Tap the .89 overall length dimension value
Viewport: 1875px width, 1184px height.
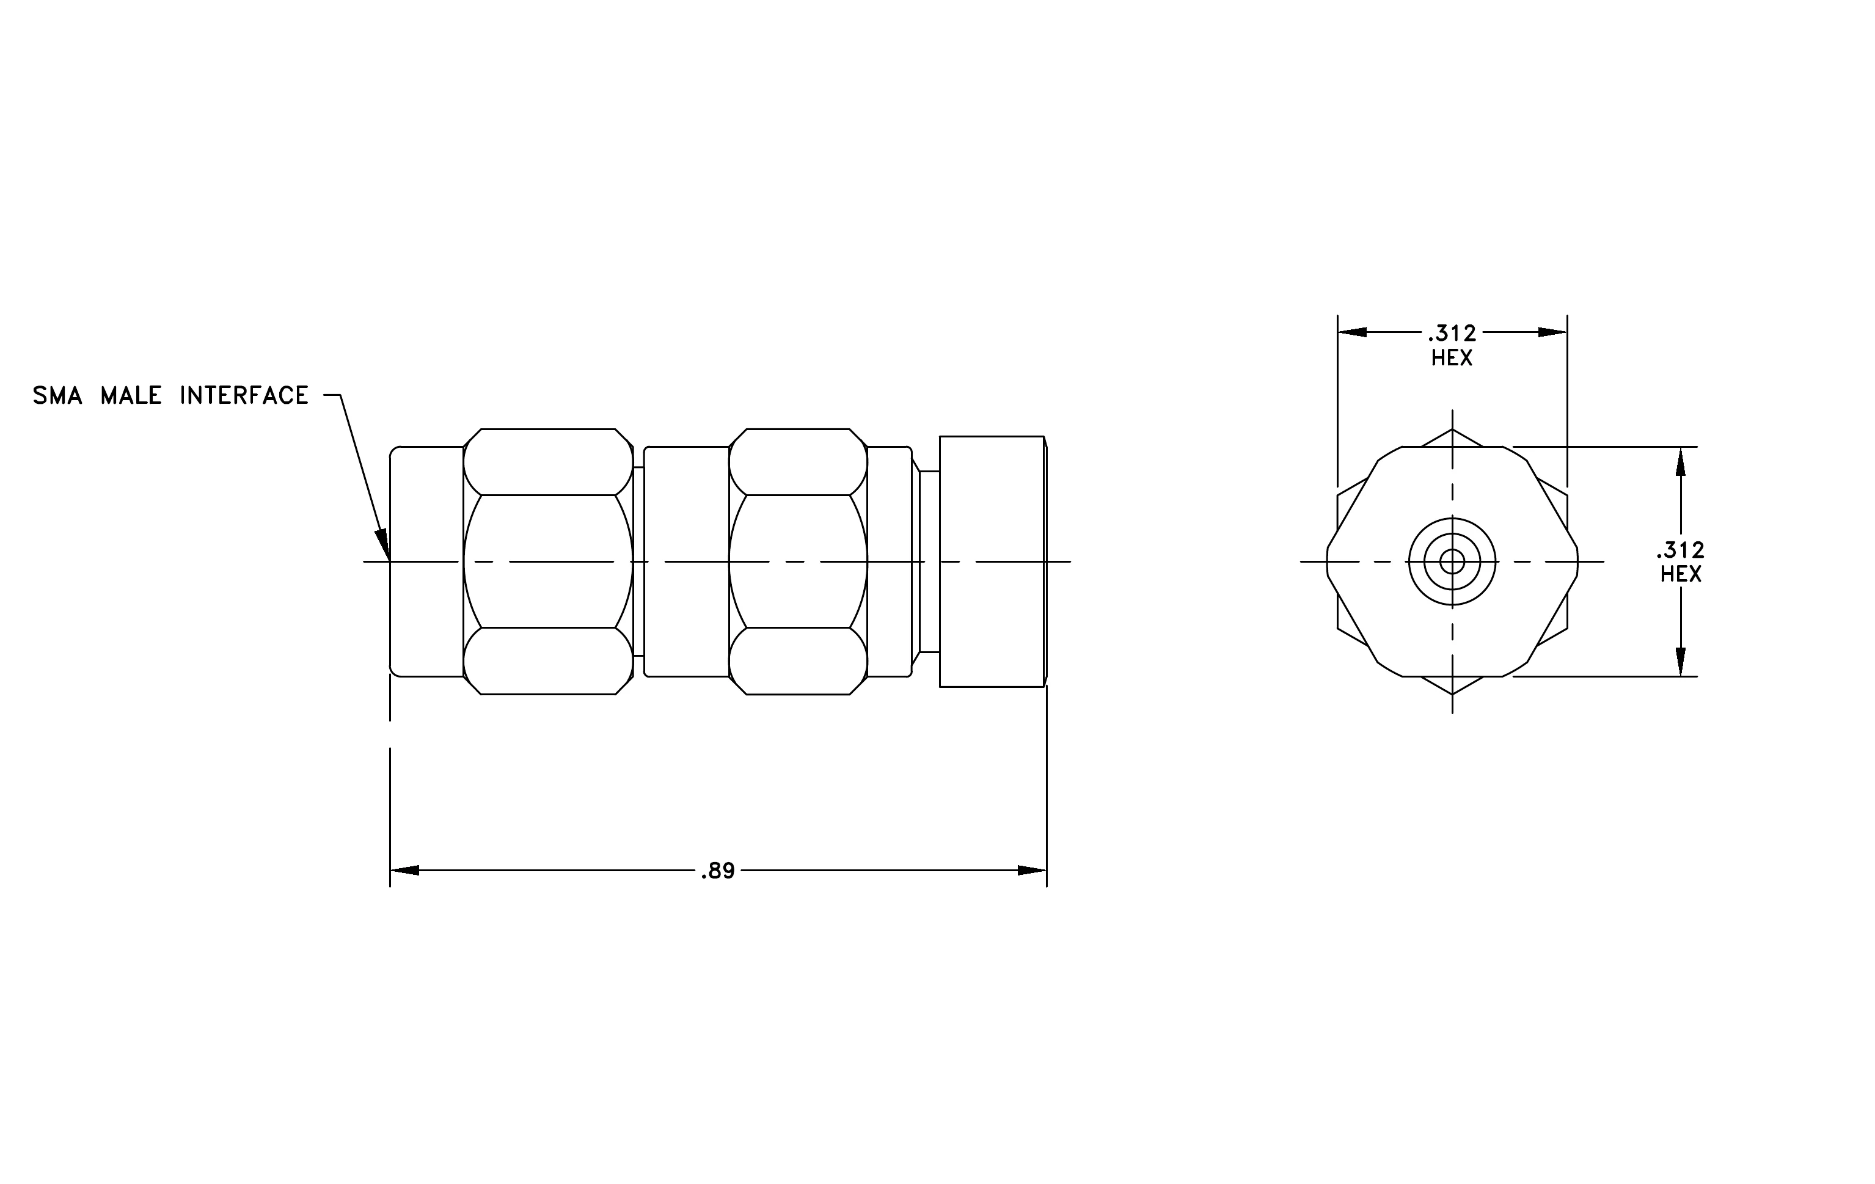tap(717, 871)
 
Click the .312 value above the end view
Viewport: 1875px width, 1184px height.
tap(1452, 333)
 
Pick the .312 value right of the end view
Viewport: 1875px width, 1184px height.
tap(1680, 550)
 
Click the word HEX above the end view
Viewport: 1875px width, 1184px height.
tap(1452, 357)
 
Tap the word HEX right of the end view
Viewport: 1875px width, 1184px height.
tap(1680, 574)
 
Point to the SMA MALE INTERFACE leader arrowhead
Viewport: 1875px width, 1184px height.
tap(382, 544)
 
